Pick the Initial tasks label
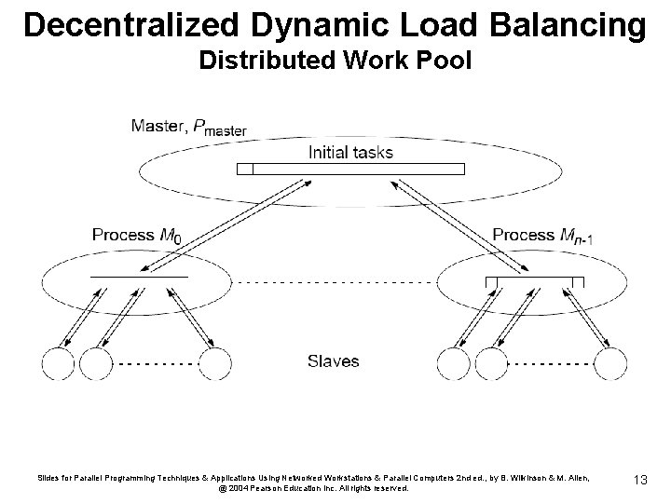point(350,152)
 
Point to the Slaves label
point(333,360)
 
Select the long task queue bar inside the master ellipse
point(358,170)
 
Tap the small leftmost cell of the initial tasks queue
point(245,170)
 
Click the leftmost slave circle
point(60,363)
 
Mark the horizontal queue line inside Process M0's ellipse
point(139,277)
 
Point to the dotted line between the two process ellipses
point(335,280)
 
